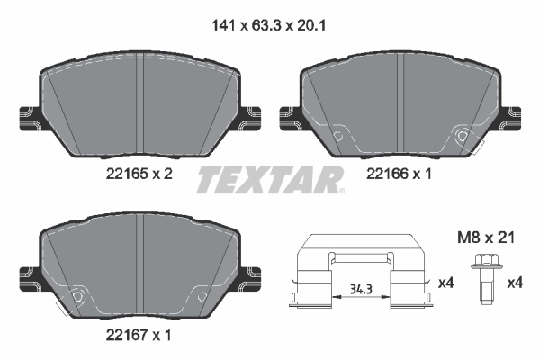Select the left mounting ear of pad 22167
tap(28, 274)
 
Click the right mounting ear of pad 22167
tap(254, 274)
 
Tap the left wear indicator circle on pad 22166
tap(339, 138)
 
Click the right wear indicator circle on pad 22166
tap(463, 138)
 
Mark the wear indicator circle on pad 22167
tap(78, 298)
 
